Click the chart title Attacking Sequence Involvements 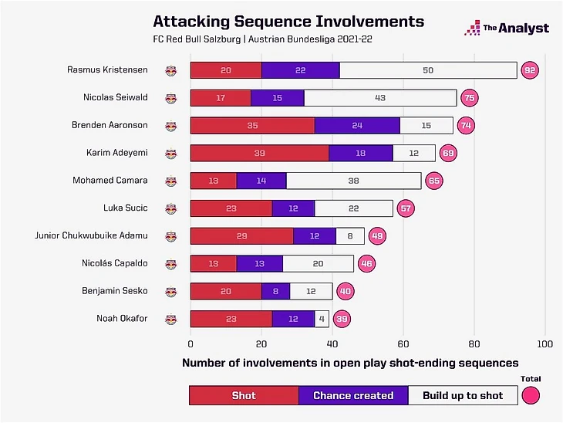tap(288, 21)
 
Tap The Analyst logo tap(507, 29)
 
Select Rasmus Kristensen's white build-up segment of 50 tap(428, 70)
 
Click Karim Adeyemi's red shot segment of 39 tap(259, 153)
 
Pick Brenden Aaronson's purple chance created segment tap(357, 125)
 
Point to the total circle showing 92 tap(529, 70)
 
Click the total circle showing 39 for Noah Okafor tap(342, 318)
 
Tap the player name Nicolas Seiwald tap(116, 97)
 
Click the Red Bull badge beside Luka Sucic tap(170, 208)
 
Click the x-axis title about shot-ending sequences tap(350, 362)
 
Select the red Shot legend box tap(244, 395)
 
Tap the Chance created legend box tap(353, 395)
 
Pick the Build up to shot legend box tap(462, 395)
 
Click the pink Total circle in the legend tap(530, 395)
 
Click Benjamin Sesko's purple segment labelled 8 tap(275, 291)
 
